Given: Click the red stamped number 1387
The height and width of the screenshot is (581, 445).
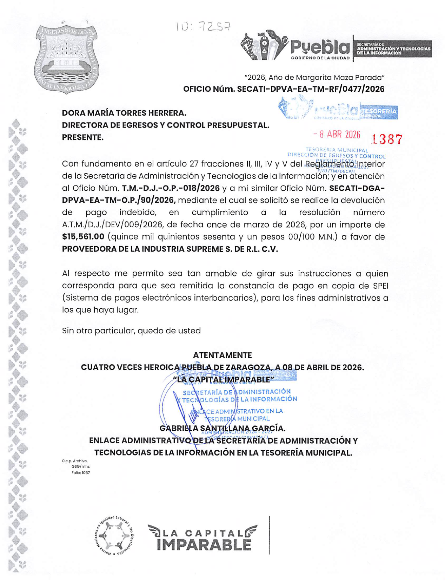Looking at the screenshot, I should [387, 139].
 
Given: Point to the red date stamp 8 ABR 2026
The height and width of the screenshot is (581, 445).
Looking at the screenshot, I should [337, 135].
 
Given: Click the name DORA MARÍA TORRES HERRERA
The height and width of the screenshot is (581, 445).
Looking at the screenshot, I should [124, 113].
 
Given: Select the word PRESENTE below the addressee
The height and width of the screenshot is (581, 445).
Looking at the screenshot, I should [82, 137].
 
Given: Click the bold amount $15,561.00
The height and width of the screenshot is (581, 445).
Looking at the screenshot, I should [83, 237].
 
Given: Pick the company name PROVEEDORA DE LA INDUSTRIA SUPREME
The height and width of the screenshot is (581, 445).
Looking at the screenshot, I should [170, 249].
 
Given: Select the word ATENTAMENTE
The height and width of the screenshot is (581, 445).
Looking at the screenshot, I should [222, 355].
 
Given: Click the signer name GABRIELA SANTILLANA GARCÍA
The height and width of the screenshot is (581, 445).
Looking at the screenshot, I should [222, 429].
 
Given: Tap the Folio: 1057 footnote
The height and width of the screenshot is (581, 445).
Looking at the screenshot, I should [81, 473].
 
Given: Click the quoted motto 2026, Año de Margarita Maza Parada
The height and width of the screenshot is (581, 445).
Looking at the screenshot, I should [314, 77].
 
